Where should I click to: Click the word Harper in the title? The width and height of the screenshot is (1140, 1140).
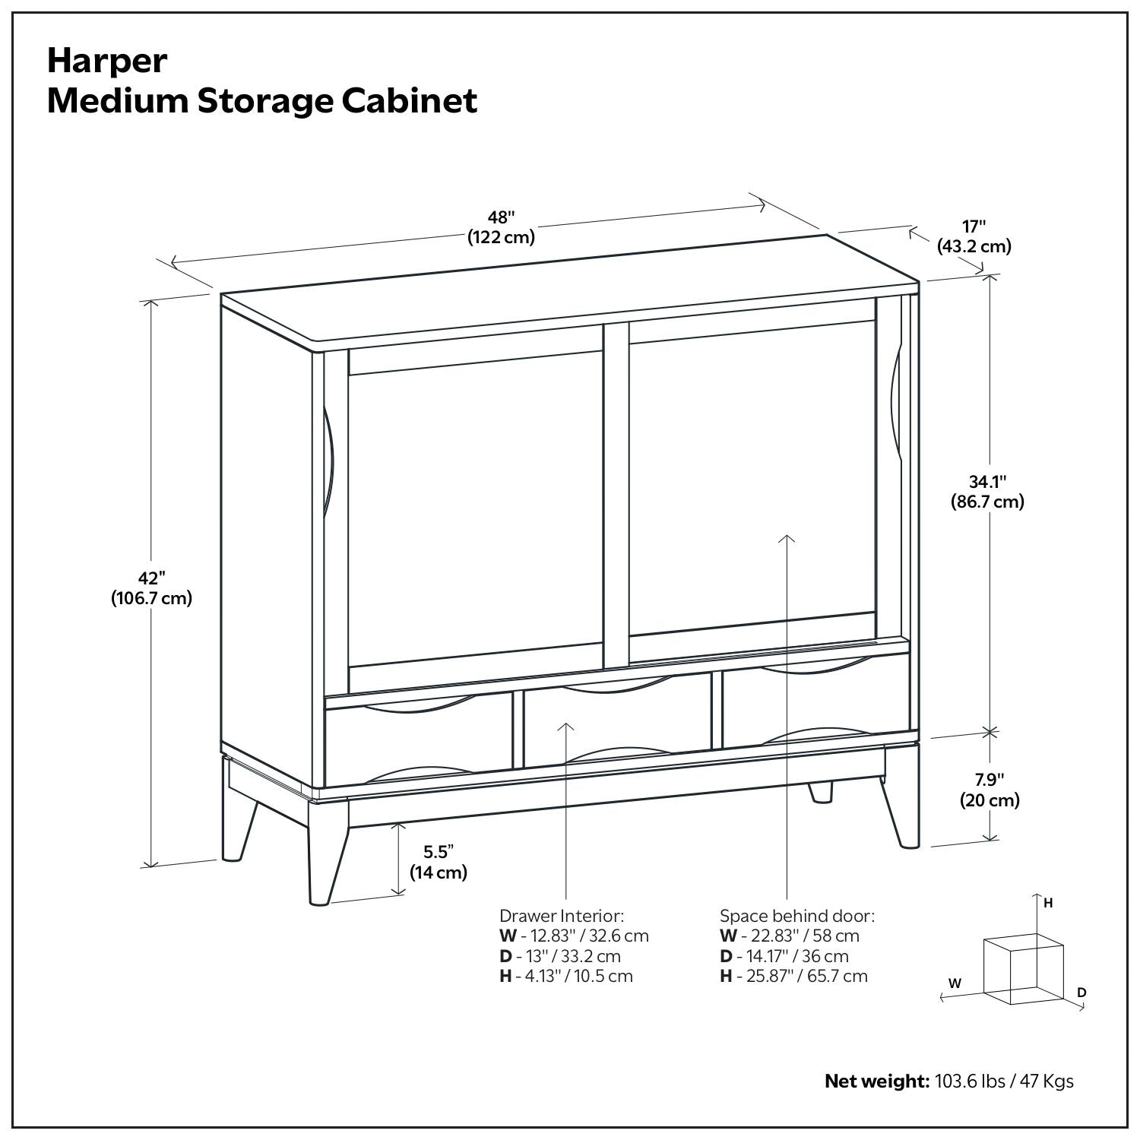tap(107, 62)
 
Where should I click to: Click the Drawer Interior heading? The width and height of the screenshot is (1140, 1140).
tap(562, 915)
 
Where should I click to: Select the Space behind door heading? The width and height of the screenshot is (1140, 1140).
tap(797, 915)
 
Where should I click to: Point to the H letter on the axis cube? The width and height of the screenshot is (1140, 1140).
tap(1048, 903)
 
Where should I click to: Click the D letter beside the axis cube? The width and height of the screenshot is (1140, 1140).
tap(1081, 993)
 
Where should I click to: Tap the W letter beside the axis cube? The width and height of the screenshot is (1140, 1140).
tap(955, 983)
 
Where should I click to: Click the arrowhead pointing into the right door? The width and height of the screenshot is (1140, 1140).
tap(787, 539)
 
